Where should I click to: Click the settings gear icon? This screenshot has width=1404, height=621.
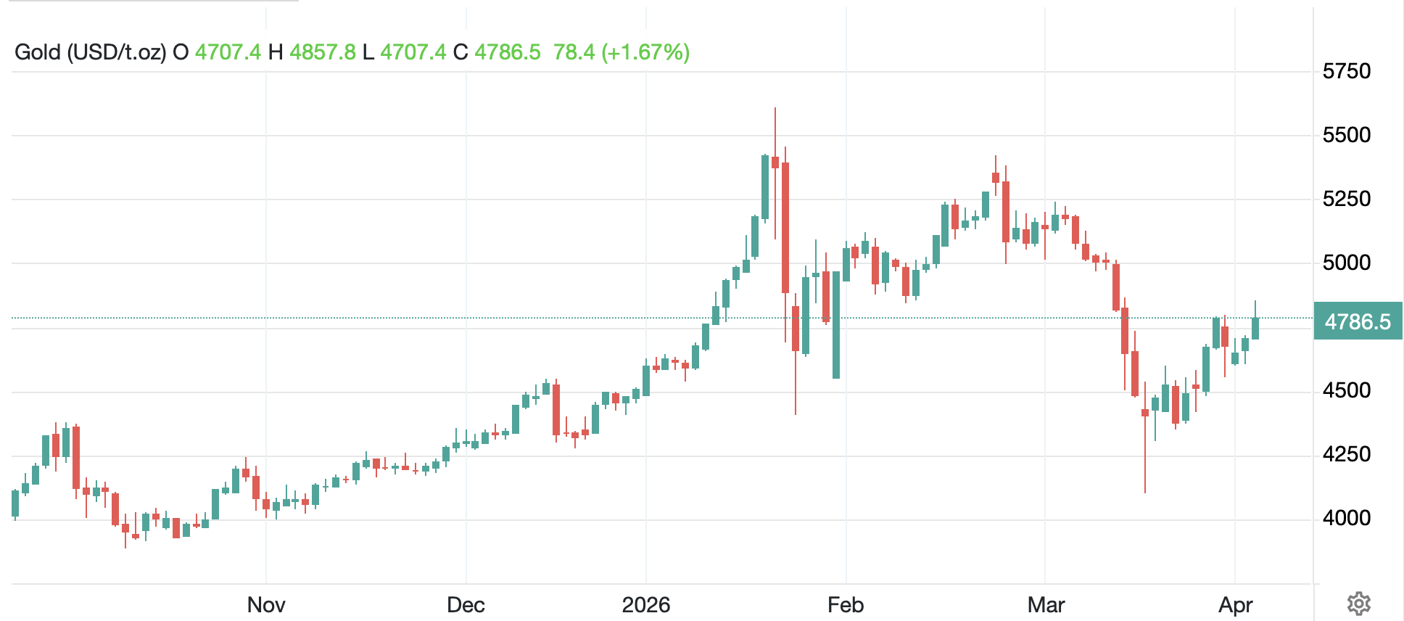(1358, 604)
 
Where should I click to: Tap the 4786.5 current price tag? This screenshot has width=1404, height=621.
(1358, 321)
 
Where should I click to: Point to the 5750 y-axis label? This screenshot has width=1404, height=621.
(1347, 71)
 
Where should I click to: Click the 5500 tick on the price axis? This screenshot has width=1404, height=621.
(1347, 135)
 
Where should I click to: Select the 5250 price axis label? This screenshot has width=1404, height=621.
(1347, 199)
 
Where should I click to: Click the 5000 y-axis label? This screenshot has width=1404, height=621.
(1347, 263)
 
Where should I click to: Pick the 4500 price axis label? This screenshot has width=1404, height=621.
(1347, 391)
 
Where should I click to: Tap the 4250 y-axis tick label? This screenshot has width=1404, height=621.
(1347, 455)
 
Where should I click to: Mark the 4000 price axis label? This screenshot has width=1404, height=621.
(1347, 518)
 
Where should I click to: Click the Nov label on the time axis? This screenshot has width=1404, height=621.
(266, 605)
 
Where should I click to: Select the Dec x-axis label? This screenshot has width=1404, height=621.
(466, 605)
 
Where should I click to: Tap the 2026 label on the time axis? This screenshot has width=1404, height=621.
(645, 605)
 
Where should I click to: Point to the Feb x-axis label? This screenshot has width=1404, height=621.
(846, 605)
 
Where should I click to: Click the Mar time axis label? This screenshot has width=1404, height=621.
(1046, 605)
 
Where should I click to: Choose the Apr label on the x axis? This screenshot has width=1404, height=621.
(1235, 605)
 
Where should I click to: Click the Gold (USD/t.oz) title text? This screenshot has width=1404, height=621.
(91, 52)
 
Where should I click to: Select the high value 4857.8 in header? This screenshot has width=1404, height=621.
(323, 52)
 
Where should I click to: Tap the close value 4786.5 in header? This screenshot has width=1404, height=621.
(508, 52)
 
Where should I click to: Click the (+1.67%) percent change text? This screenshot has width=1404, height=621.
(645, 52)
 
